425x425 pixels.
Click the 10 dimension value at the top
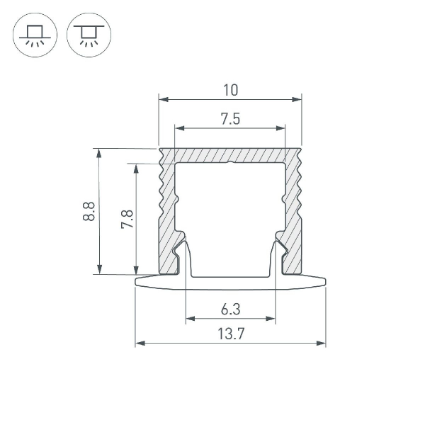(x=230, y=90)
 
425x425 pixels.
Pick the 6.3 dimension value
(x=230, y=309)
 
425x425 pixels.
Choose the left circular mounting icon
(x=33, y=35)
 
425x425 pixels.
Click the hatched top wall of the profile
(x=230, y=155)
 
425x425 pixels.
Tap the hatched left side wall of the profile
(x=167, y=212)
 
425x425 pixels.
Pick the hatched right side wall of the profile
(x=294, y=212)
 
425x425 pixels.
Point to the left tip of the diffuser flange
(x=136, y=282)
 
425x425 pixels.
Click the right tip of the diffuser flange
(x=325, y=282)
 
